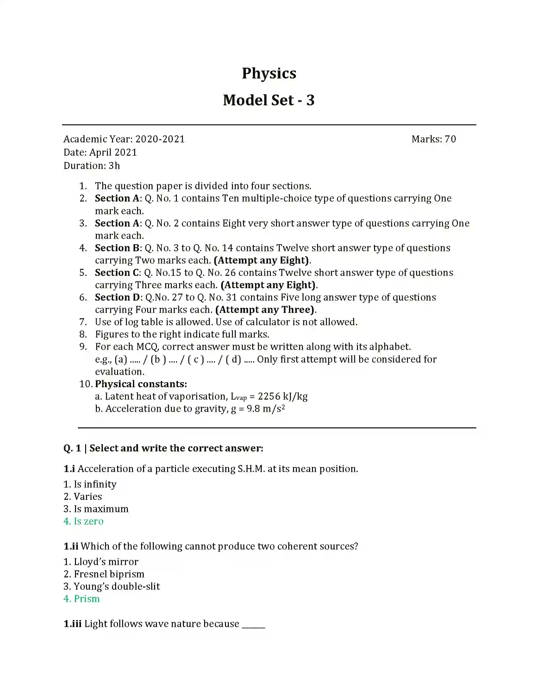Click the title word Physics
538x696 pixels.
coord(269,73)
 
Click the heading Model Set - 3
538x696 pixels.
coord(269,100)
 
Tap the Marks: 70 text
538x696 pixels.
coord(434,139)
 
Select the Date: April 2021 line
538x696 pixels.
coord(100,152)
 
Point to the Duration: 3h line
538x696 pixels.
coord(91,166)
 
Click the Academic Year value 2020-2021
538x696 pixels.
coord(160,139)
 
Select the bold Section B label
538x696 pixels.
coord(117,248)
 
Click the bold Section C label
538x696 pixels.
coord(117,273)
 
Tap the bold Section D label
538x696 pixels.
coord(117,297)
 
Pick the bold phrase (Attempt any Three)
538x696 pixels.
coord(265,310)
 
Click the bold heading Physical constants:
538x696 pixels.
coord(141,384)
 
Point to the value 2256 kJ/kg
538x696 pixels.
coord(282,396)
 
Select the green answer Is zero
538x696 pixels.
coord(88,521)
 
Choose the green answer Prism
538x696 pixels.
coord(86,599)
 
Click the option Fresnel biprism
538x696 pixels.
coord(109,574)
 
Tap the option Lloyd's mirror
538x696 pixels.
coord(106,562)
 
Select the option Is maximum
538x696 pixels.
coord(101,509)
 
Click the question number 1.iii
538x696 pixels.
coord(72,624)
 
